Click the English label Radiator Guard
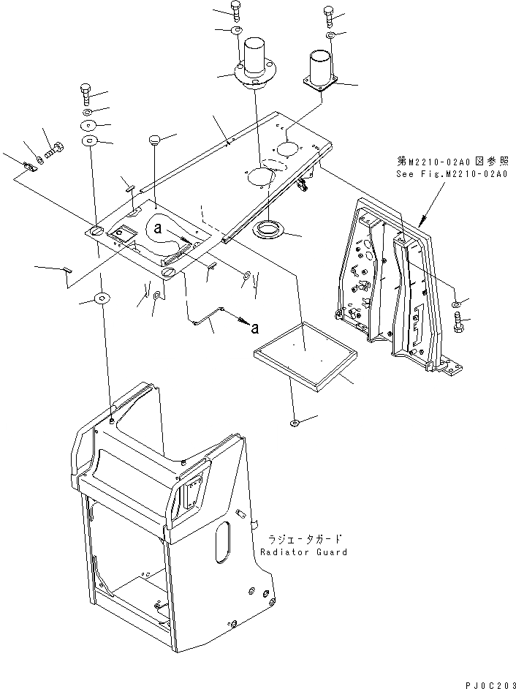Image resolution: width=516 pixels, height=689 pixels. click(x=303, y=551)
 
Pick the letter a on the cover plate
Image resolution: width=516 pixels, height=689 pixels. click(x=157, y=227)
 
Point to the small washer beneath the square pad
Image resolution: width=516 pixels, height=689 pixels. click(x=294, y=422)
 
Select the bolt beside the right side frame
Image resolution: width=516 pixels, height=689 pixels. click(x=459, y=322)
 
